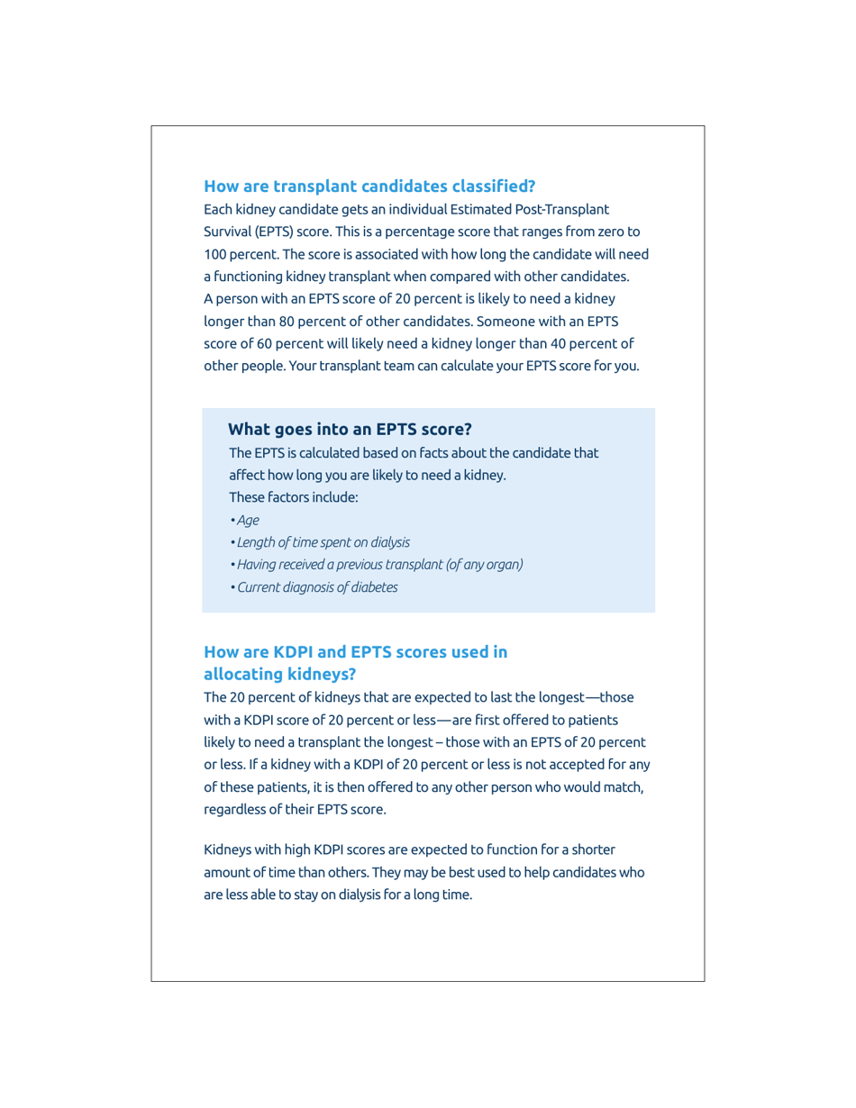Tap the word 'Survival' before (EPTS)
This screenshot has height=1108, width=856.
[x=227, y=232]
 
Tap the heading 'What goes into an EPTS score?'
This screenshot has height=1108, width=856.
[x=350, y=429]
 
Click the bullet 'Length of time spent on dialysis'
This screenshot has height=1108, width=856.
[x=323, y=542]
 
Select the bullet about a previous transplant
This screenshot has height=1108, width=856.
[x=379, y=565]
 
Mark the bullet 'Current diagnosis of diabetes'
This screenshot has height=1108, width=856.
[x=317, y=587]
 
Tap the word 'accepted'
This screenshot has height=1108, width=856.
[x=560, y=764]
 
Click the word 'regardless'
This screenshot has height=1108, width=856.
[x=236, y=809]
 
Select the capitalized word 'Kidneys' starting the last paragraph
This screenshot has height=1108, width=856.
[x=227, y=849]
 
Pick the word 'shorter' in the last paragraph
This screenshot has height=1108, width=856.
[x=594, y=849]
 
